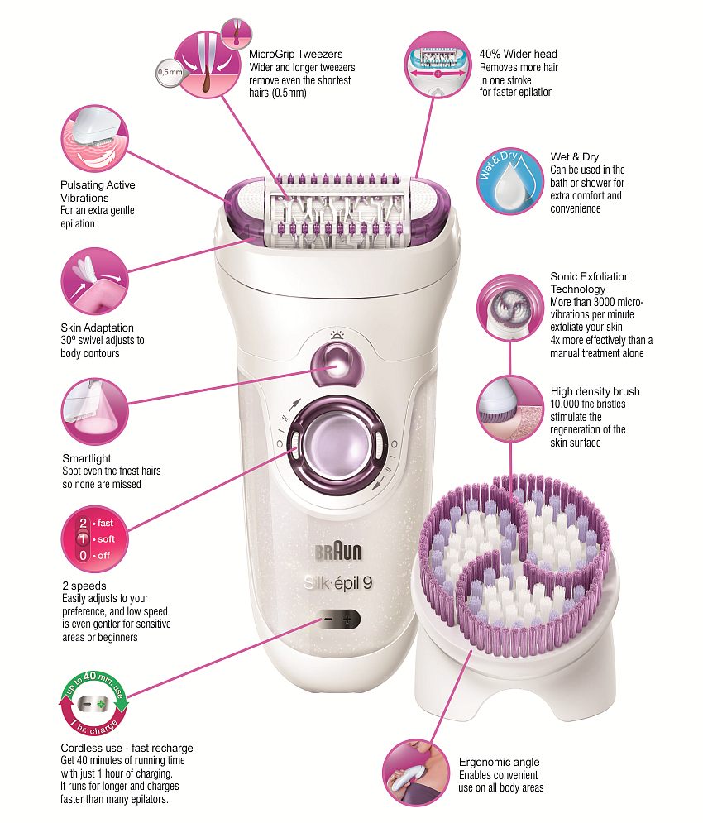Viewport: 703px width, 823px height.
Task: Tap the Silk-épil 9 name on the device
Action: pos(337,583)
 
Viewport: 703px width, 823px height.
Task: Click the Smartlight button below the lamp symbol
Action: pos(337,361)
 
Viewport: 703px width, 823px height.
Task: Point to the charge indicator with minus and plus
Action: pos(337,619)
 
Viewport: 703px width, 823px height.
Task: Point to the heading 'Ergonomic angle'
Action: pos(499,762)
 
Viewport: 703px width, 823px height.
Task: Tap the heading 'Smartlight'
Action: pos(86,457)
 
